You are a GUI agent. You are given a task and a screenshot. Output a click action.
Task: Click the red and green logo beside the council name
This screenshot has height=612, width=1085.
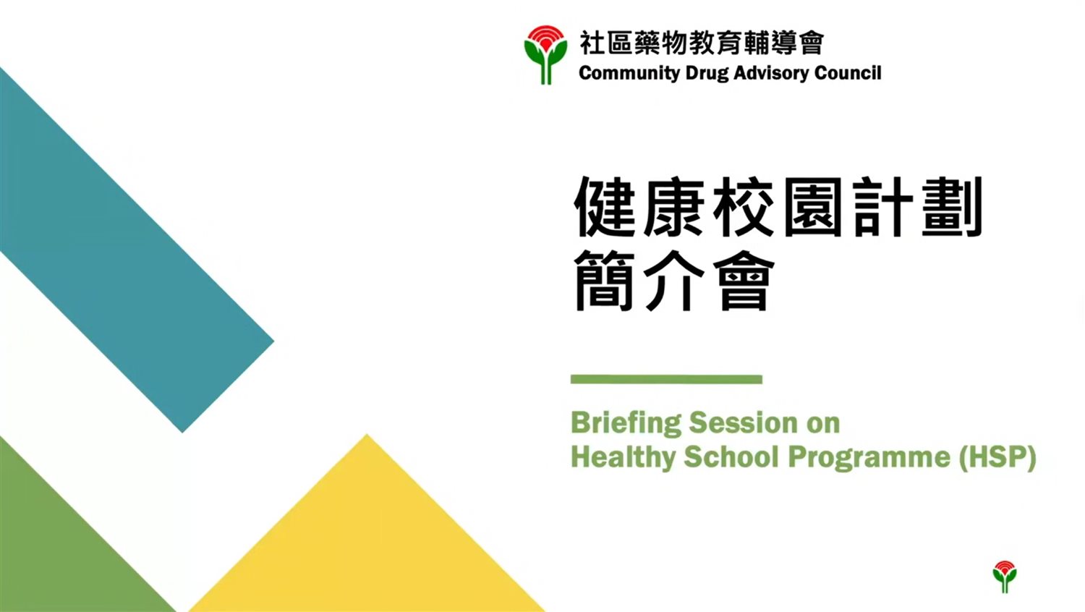pos(545,55)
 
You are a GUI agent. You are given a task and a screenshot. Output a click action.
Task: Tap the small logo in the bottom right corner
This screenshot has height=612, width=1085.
pos(1005,577)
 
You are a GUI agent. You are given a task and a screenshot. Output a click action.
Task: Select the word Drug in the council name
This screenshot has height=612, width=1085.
pos(707,74)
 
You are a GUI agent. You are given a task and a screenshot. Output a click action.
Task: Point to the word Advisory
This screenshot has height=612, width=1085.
pos(772,74)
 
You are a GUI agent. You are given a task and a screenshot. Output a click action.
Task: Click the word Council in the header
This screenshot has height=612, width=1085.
pos(848,73)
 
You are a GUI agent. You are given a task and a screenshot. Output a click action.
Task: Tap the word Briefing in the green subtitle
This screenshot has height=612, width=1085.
pos(626,423)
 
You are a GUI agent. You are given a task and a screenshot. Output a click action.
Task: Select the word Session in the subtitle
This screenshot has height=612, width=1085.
pos(744,422)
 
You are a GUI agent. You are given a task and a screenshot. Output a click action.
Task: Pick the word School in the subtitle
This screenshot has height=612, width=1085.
pos(731,456)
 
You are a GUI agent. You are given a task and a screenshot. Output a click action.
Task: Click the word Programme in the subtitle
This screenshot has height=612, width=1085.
pos(869,457)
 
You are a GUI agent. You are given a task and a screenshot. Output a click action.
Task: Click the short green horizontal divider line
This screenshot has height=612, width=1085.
pos(666,379)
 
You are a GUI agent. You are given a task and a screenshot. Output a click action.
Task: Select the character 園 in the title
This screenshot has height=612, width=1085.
pos(813,207)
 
